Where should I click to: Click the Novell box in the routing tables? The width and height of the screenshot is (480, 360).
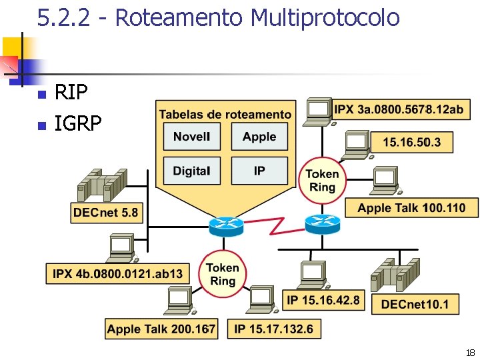pyautogui.click(x=191, y=137)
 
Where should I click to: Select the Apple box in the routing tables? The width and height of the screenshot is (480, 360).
pyautogui.click(x=259, y=137)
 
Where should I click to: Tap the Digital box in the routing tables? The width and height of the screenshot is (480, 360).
pyautogui.click(x=191, y=171)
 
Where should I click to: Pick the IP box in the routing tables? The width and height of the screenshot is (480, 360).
pyautogui.click(x=259, y=171)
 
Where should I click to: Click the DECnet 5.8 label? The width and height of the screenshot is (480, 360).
pyautogui.click(x=106, y=213)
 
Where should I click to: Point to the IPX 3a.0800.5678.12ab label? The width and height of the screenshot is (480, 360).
pyautogui.click(x=399, y=110)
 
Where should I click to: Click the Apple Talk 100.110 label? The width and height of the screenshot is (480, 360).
pyautogui.click(x=411, y=208)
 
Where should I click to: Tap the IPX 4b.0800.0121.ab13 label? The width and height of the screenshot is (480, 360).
pyautogui.click(x=118, y=273)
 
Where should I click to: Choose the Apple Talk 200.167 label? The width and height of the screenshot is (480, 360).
pyautogui.click(x=161, y=329)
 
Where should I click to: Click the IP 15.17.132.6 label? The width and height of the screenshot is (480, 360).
pyautogui.click(x=273, y=329)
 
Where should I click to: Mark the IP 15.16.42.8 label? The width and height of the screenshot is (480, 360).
pyautogui.click(x=323, y=300)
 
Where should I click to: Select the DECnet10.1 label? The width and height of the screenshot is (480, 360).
pyautogui.click(x=415, y=305)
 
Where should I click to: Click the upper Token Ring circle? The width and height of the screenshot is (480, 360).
pyautogui.click(x=322, y=180)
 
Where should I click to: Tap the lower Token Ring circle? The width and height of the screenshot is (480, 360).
pyautogui.click(x=223, y=274)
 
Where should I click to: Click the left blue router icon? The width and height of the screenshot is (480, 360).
pyautogui.click(x=227, y=226)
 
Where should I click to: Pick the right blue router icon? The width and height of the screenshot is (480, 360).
pyautogui.click(x=322, y=223)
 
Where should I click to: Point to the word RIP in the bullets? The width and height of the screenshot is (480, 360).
pyautogui.click(x=71, y=92)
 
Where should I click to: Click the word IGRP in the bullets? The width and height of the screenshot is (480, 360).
pyautogui.click(x=78, y=123)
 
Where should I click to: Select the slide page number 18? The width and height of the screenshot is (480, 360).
pyautogui.click(x=470, y=352)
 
